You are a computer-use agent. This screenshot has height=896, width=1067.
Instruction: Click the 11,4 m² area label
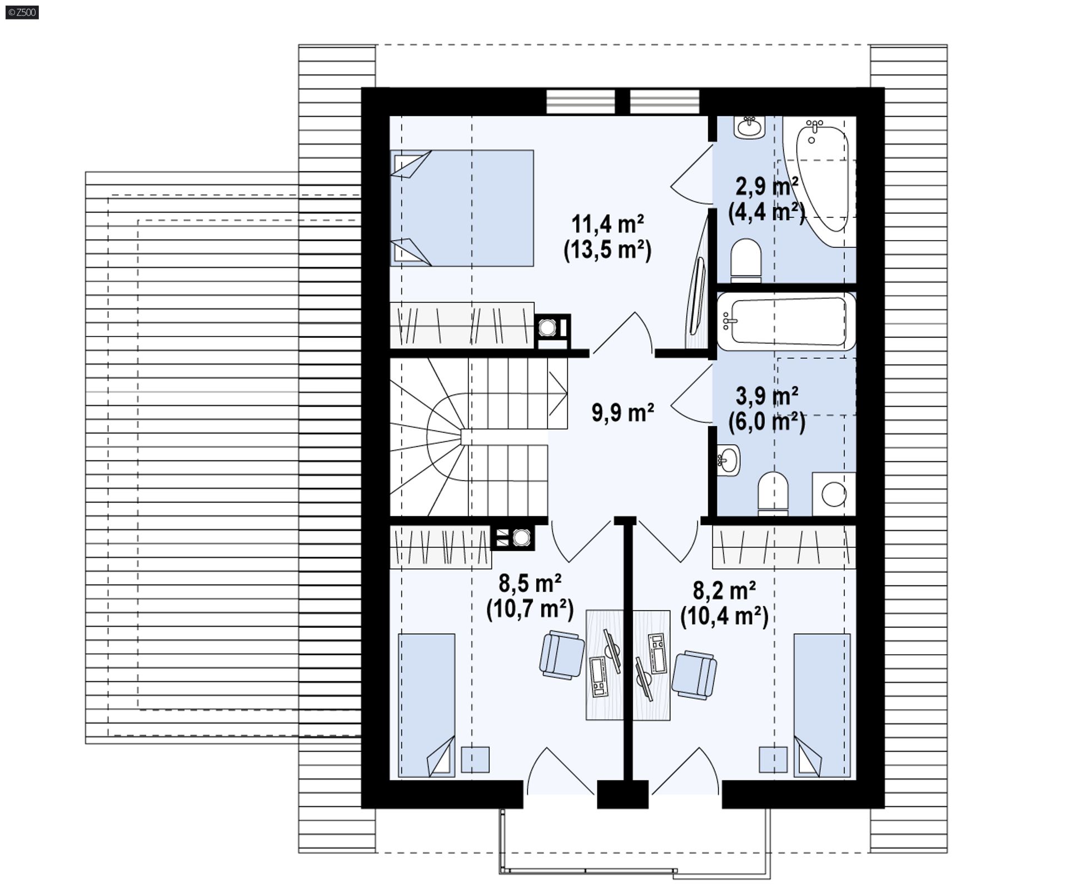(607, 224)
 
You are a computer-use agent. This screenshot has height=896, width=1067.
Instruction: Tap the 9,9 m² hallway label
(622, 413)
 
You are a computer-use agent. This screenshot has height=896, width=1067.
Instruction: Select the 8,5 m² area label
(530, 584)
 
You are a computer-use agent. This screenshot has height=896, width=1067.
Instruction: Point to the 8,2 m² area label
(724, 590)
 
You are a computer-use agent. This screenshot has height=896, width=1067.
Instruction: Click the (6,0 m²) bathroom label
(767, 422)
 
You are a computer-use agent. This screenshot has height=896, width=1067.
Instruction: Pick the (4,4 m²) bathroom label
(767, 212)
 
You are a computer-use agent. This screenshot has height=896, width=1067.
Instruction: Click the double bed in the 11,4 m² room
(462, 208)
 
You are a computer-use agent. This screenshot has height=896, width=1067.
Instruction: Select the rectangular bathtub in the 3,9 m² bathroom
(786, 322)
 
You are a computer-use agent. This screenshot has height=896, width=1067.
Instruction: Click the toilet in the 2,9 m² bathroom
(746, 261)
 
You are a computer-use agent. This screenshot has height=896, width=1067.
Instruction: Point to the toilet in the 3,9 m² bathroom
(774, 492)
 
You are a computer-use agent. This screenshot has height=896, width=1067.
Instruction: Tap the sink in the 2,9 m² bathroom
(749, 127)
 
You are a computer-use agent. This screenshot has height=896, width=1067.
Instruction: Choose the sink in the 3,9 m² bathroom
(729, 460)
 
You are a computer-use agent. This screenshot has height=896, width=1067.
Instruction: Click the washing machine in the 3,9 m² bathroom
(834, 494)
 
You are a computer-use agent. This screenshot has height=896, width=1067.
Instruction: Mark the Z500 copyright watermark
(22, 12)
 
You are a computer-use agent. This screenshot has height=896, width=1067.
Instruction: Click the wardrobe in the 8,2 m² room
(784, 548)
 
